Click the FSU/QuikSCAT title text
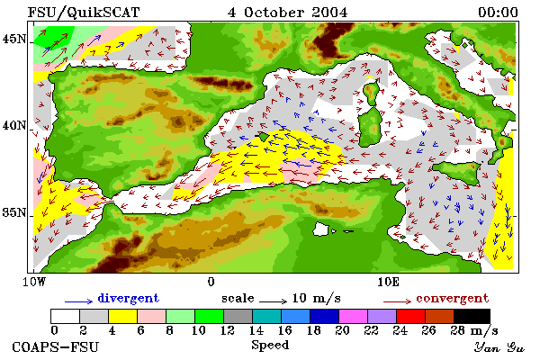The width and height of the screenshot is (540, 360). [84, 13]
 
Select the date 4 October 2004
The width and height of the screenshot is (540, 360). [288, 13]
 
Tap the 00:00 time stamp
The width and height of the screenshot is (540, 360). [498, 13]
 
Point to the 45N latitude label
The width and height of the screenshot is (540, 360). [14, 40]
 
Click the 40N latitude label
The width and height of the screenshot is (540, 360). [14, 126]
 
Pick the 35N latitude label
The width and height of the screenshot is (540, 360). [14, 212]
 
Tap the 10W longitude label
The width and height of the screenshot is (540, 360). [34, 282]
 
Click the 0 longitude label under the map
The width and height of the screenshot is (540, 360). [211, 282]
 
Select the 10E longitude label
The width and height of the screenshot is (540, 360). [389, 282]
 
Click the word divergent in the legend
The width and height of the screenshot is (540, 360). [129, 298]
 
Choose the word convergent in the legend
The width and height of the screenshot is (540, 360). [453, 298]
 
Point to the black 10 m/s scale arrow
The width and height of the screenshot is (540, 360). [273, 301]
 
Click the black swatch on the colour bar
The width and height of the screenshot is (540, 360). [472, 316]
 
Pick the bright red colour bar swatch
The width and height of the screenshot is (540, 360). [411, 316]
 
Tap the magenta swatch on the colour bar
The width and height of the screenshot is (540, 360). [354, 316]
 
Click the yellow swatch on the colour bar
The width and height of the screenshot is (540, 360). [123, 316]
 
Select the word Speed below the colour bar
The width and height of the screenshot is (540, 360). [270, 346]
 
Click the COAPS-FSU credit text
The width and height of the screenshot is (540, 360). [56, 346]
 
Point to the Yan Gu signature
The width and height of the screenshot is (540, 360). [499, 347]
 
